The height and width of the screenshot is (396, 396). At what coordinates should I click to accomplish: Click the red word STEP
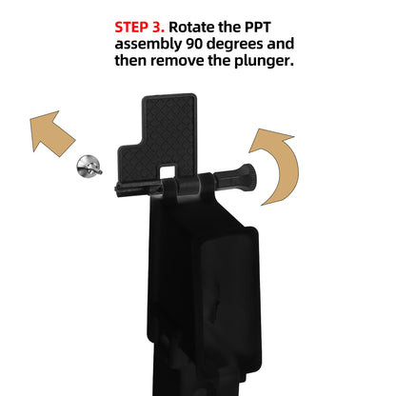(x=134, y=26)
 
